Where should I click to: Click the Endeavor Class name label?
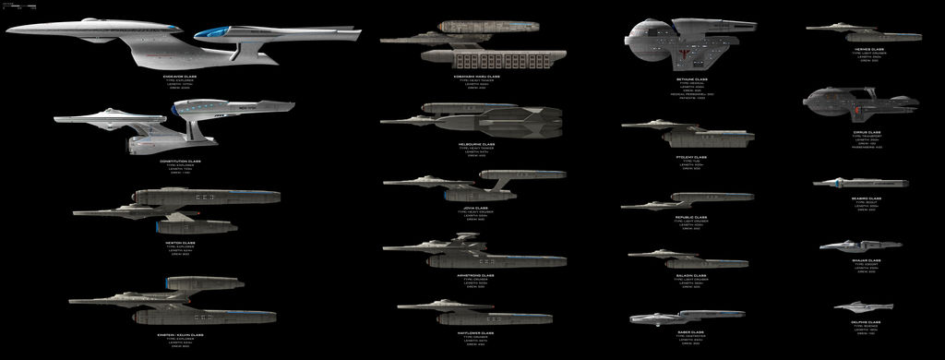(180, 76)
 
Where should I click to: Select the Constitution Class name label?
(180, 161)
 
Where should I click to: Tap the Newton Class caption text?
(180, 243)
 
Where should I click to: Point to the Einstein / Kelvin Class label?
(180, 334)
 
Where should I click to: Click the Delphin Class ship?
(863, 306)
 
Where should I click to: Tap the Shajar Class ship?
(859, 246)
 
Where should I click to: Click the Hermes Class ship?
(863, 34)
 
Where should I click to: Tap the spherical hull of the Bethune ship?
(652, 42)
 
